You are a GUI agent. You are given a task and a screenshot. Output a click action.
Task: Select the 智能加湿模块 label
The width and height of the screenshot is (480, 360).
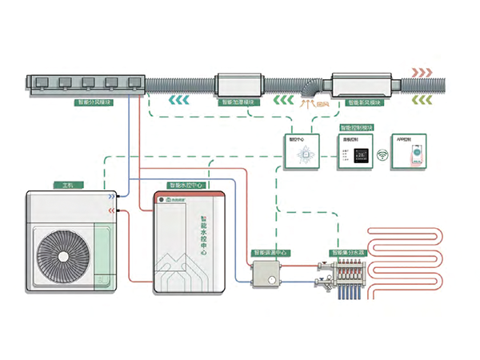(x=238, y=103)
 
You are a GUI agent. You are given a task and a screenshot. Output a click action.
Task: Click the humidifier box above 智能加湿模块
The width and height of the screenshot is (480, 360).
(x=238, y=83)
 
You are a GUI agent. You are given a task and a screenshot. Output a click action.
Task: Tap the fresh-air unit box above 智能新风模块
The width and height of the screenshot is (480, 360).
(x=366, y=83)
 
